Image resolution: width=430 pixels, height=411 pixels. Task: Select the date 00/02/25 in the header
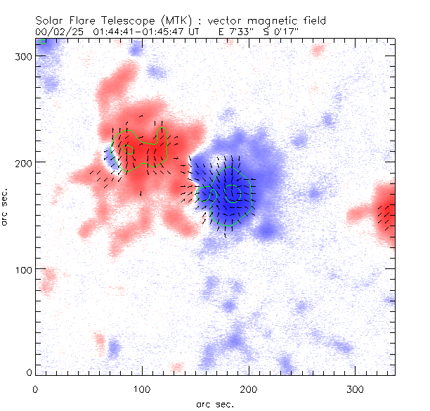tap(57, 32)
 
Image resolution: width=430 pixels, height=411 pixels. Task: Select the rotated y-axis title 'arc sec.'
tap(6, 207)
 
